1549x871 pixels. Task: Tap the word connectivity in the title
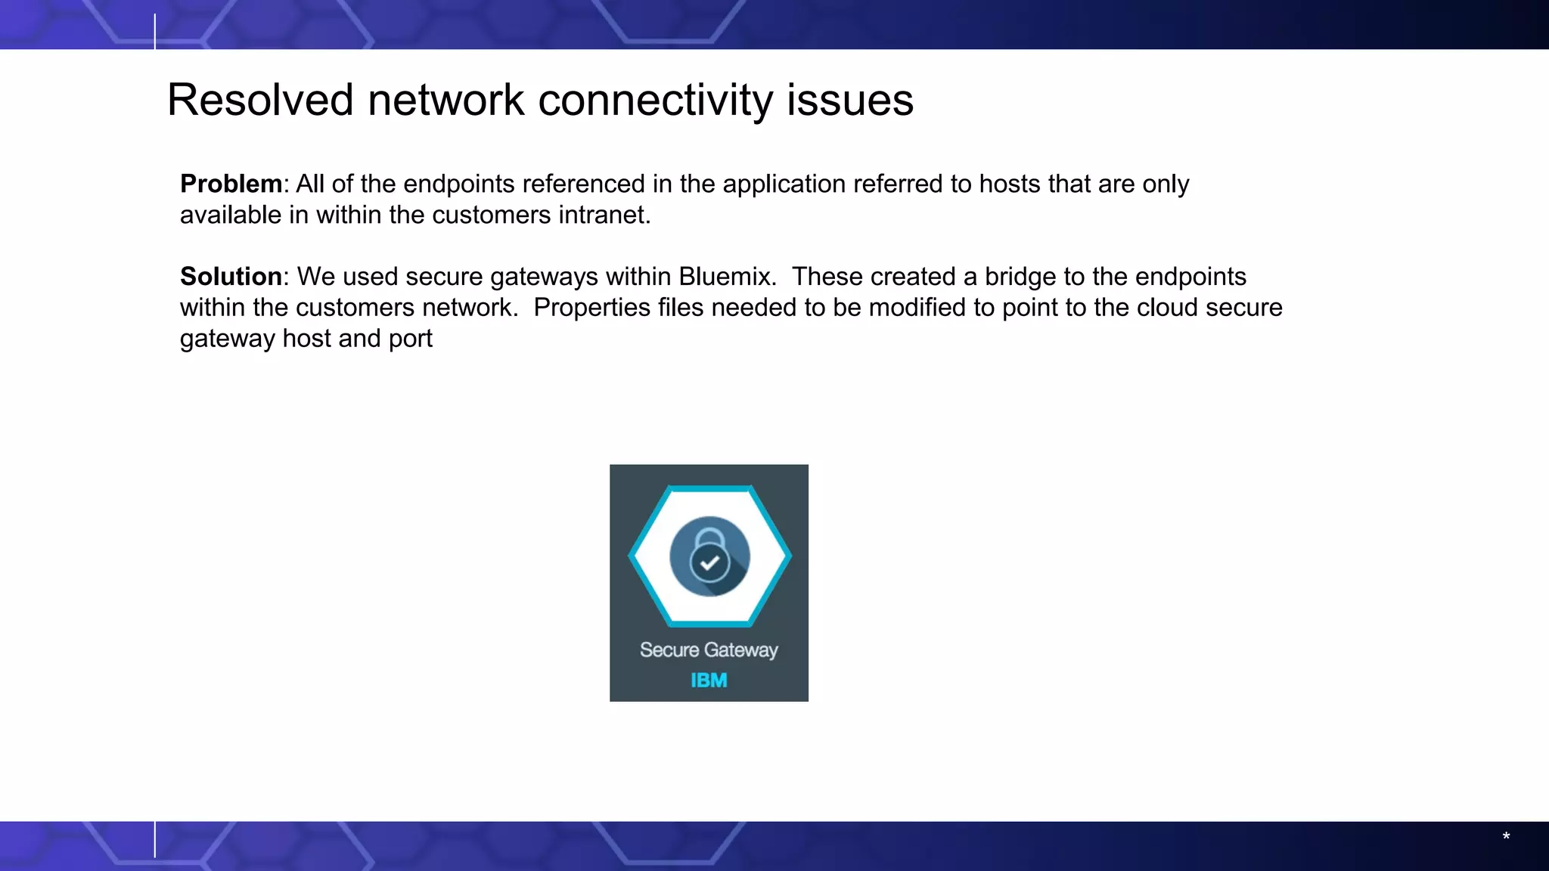coord(654,100)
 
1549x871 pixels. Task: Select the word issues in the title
coord(849,100)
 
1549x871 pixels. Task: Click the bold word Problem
coord(231,184)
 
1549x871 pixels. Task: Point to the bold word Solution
coord(231,277)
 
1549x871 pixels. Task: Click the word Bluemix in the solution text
coord(727,277)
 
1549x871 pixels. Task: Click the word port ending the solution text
coord(410,339)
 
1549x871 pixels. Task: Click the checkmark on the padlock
coord(709,563)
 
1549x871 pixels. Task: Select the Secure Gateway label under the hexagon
coord(709,650)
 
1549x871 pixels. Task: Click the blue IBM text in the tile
coord(709,680)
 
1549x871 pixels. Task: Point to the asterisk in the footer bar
coord(1506,837)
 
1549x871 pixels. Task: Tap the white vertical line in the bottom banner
coord(155,839)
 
